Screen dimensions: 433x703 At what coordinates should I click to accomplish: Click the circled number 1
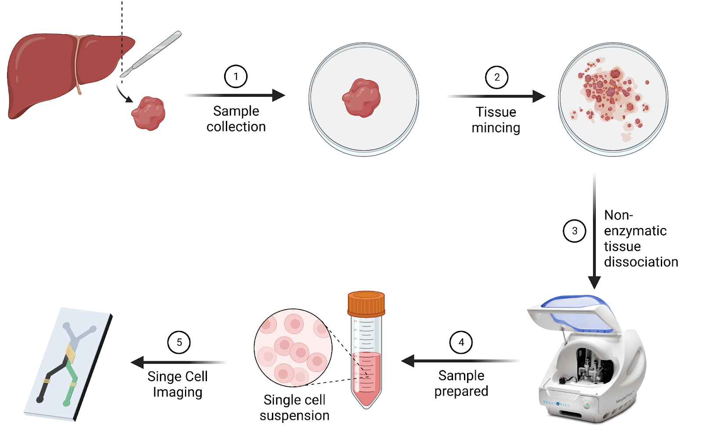pyautogui.click(x=236, y=76)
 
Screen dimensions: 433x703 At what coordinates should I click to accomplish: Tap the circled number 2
pyautogui.click(x=496, y=77)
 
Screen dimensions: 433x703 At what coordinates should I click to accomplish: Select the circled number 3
pyautogui.click(x=574, y=231)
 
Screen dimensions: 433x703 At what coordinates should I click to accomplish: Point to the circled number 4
pyautogui.click(x=461, y=342)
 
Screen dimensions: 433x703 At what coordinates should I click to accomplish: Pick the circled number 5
pyautogui.click(x=179, y=342)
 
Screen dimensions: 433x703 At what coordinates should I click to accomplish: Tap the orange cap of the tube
pyautogui.click(x=366, y=303)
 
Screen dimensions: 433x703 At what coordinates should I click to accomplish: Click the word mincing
pyautogui.click(x=496, y=128)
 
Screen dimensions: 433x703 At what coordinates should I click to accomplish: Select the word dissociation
pyautogui.click(x=641, y=262)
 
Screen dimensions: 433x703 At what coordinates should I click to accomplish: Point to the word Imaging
pyautogui.click(x=178, y=392)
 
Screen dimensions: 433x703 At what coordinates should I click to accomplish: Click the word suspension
pyautogui.click(x=294, y=415)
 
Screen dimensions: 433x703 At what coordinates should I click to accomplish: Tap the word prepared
pyautogui.click(x=461, y=391)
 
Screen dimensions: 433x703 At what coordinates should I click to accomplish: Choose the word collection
pyautogui.click(x=236, y=127)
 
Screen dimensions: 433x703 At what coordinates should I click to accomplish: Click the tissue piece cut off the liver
pyautogui.click(x=149, y=113)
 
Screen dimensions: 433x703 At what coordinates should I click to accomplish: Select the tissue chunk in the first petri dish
pyautogui.click(x=362, y=98)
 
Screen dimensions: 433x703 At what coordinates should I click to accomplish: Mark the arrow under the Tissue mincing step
pyautogui.click(x=496, y=96)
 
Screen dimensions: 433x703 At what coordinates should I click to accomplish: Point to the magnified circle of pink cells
pyautogui.click(x=293, y=348)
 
